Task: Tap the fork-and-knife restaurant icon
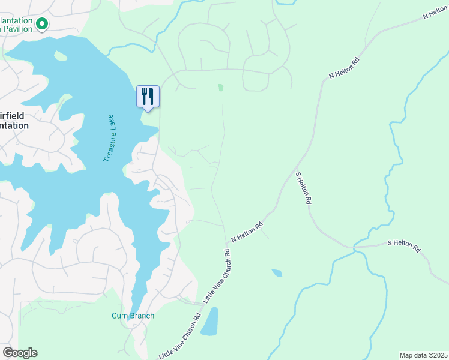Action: tap(148, 96)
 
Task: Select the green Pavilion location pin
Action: tap(42, 24)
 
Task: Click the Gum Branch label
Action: tap(133, 316)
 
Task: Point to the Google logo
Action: tap(20, 353)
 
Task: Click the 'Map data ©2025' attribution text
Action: tap(423, 355)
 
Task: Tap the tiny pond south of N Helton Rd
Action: tap(276, 273)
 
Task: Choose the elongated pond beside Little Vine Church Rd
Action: tap(210, 322)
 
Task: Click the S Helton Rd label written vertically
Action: tap(303, 188)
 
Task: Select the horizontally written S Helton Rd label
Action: tap(405, 245)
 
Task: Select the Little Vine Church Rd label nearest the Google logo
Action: tap(180, 337)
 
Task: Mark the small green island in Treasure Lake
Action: tap(60, 56)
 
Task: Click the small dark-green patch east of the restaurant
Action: tap(221, 88)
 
